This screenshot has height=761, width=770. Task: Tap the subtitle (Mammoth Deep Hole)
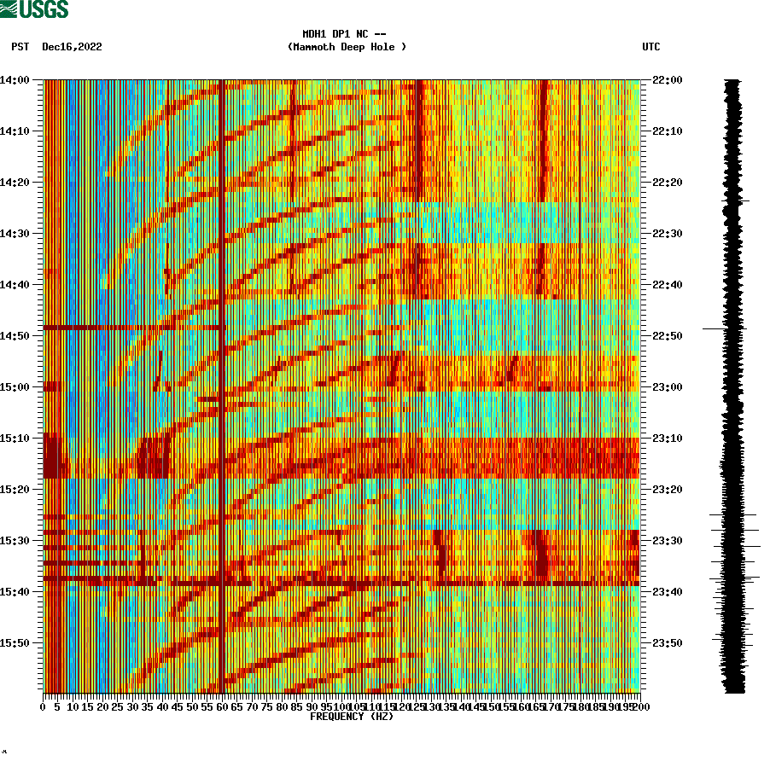[x=347, y=47]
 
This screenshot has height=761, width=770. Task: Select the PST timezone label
[x=20, y=47]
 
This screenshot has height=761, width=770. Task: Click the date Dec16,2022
[x=72, y=47]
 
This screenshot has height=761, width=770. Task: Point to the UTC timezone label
[x=650, y=47]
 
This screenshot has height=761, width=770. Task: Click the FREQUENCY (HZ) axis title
[x=351, y=717]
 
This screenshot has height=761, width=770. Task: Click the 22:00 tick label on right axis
[x=667, y=80]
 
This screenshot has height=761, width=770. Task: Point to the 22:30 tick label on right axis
[x=667, y=234]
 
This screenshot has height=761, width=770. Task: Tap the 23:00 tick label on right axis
[x=667, y=387]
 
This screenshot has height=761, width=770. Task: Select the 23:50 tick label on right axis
[x=667, y=643]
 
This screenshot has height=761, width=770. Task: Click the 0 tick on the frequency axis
[x=44, y=706]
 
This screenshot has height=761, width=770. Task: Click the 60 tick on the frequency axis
[x=222, y=706]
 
